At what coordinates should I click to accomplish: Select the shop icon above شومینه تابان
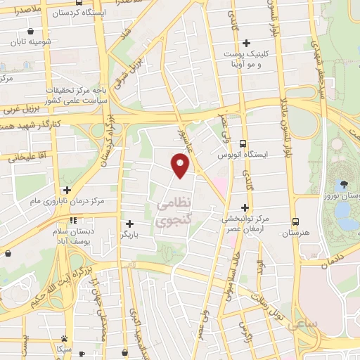[31, 30]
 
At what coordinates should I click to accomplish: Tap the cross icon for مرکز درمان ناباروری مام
[67, 189]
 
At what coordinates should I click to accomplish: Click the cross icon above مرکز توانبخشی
[245, 207]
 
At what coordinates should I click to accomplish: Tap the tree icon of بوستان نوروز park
[343, 184]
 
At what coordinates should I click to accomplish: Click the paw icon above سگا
[65, 338]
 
